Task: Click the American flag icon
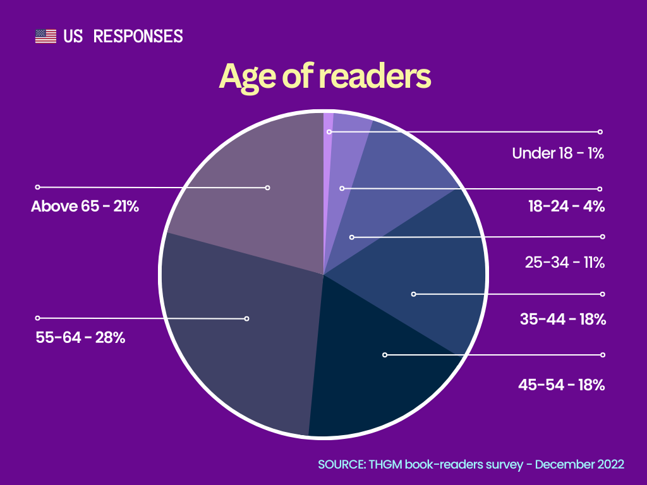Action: coord(45,36)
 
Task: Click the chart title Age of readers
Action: coord(325,77)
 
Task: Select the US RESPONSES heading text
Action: coord(123,36)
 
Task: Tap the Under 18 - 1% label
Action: coord(559,153)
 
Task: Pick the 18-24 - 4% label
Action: coord(567,206)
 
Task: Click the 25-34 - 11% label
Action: coord(565,262)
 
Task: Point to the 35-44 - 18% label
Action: coord(563,319)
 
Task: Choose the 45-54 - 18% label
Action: coord(562,384)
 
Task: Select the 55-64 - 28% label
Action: coord(80,337)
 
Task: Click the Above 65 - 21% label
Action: coord(85,206)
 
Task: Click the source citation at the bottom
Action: coord(471,465)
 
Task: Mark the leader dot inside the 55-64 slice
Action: coord(247,318)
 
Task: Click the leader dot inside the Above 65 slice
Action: coord(267,188)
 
